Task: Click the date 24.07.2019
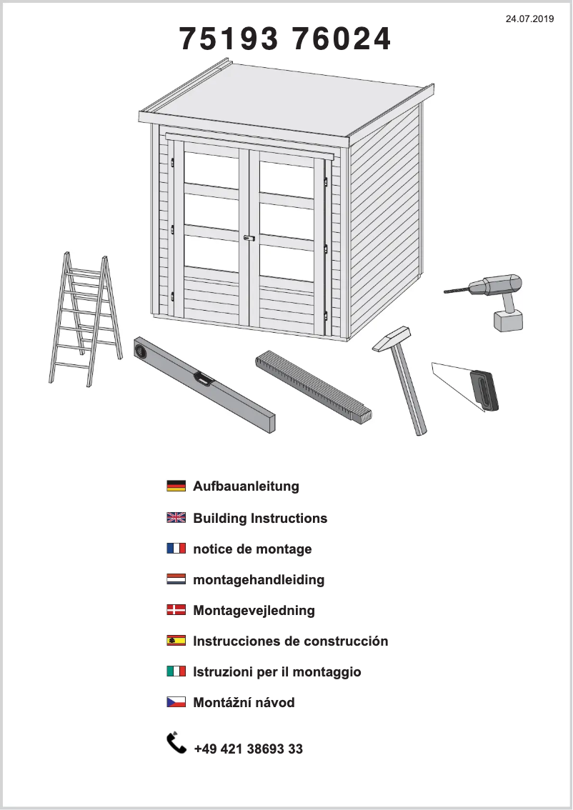(529, 19)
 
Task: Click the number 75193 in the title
(228, 40)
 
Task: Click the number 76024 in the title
(342, 40)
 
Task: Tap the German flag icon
(176, 487)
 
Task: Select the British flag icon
(176, 519)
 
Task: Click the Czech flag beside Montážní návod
(176, 703)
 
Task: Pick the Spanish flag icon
(176, 641)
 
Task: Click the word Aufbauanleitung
(246, 487)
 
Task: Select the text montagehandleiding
(259, 580)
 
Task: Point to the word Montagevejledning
(254, 611)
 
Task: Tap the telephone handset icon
(176, 743)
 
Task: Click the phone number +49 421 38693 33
(248, 749)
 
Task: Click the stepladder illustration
(83, 318)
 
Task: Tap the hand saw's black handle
(484, 390)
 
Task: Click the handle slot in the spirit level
(204, 379)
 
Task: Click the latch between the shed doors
(249, 238)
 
